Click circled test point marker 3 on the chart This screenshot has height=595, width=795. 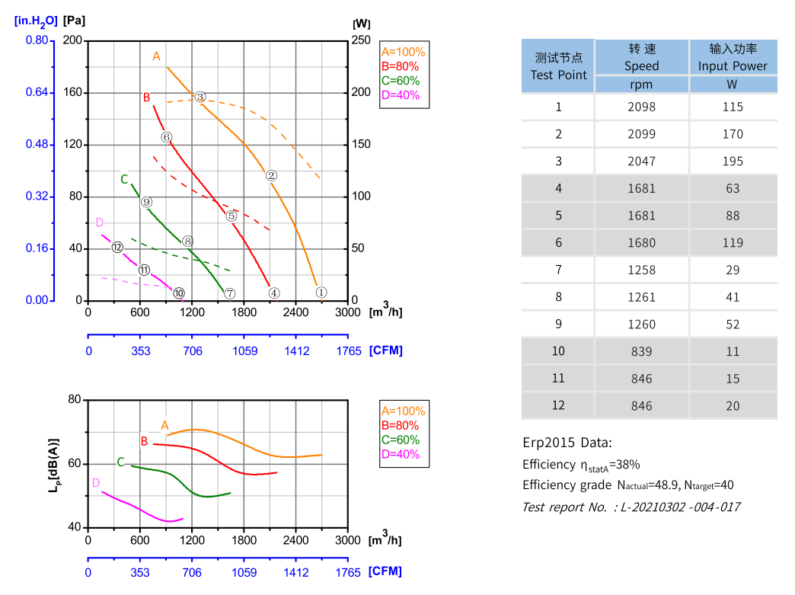[200, 97]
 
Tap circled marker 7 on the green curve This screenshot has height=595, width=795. [230, 293]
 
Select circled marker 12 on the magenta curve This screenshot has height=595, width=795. [117, 248]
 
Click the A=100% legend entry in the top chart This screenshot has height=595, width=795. [403, 52]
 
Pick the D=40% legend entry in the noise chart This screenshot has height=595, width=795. [400, 455]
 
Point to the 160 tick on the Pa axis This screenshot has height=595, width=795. [73, 93]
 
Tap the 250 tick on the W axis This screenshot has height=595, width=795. [360, 40]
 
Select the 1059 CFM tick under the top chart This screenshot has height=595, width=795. [244, 351]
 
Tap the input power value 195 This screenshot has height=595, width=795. [733, 161]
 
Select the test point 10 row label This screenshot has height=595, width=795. [559, 351]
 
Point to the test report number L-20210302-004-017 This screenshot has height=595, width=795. [631, 507]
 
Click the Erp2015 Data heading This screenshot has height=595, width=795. [567, 443]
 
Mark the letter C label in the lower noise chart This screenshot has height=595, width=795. [120, 462]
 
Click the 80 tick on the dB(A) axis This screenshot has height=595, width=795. [74, 400]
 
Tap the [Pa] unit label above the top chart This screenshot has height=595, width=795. [74, 21]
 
